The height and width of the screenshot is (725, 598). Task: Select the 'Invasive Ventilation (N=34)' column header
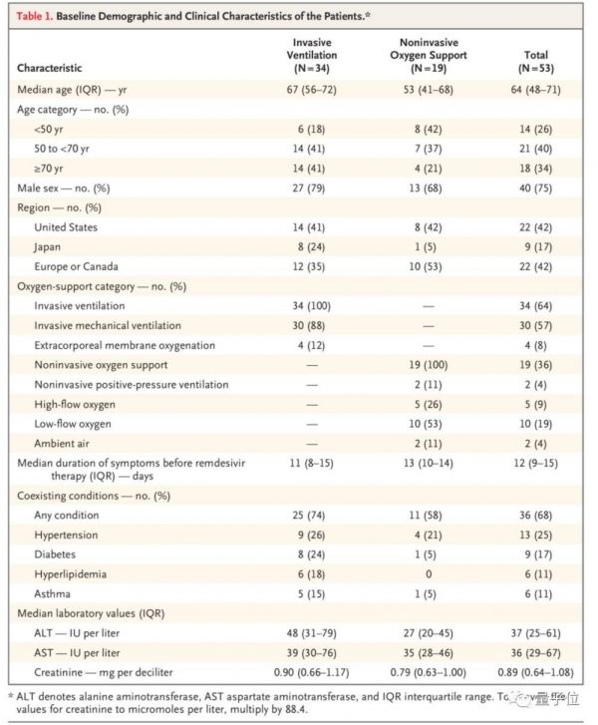coord(312,56)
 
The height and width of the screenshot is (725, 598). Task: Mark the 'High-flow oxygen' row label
coord(75,403)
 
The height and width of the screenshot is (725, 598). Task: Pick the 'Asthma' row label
coord(54,594)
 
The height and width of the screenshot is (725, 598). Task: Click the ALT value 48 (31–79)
coord(312,633)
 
